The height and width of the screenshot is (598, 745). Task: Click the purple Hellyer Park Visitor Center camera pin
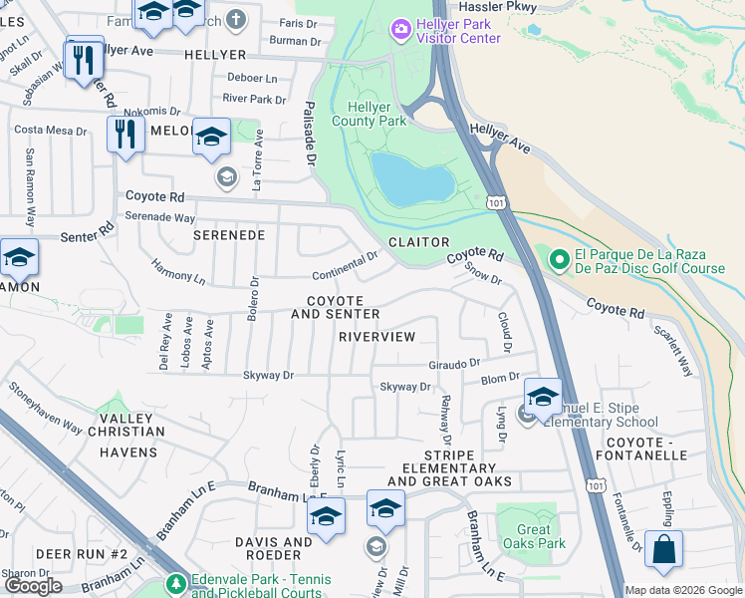[400, 30]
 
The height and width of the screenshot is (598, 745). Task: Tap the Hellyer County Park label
[376, 114]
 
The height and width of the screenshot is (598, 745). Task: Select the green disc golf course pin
[559, 260]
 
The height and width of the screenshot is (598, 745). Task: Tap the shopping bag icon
[663, 550]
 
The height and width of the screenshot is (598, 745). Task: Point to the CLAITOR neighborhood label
[418, 242]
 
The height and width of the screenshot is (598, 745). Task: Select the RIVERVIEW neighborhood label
[376, 337]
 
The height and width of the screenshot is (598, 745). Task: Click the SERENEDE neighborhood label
[228, 236]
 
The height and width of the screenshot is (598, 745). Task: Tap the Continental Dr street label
[345, 264]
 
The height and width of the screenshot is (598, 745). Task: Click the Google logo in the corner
[34, 586]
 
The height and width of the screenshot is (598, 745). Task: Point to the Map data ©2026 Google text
[682, 590]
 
